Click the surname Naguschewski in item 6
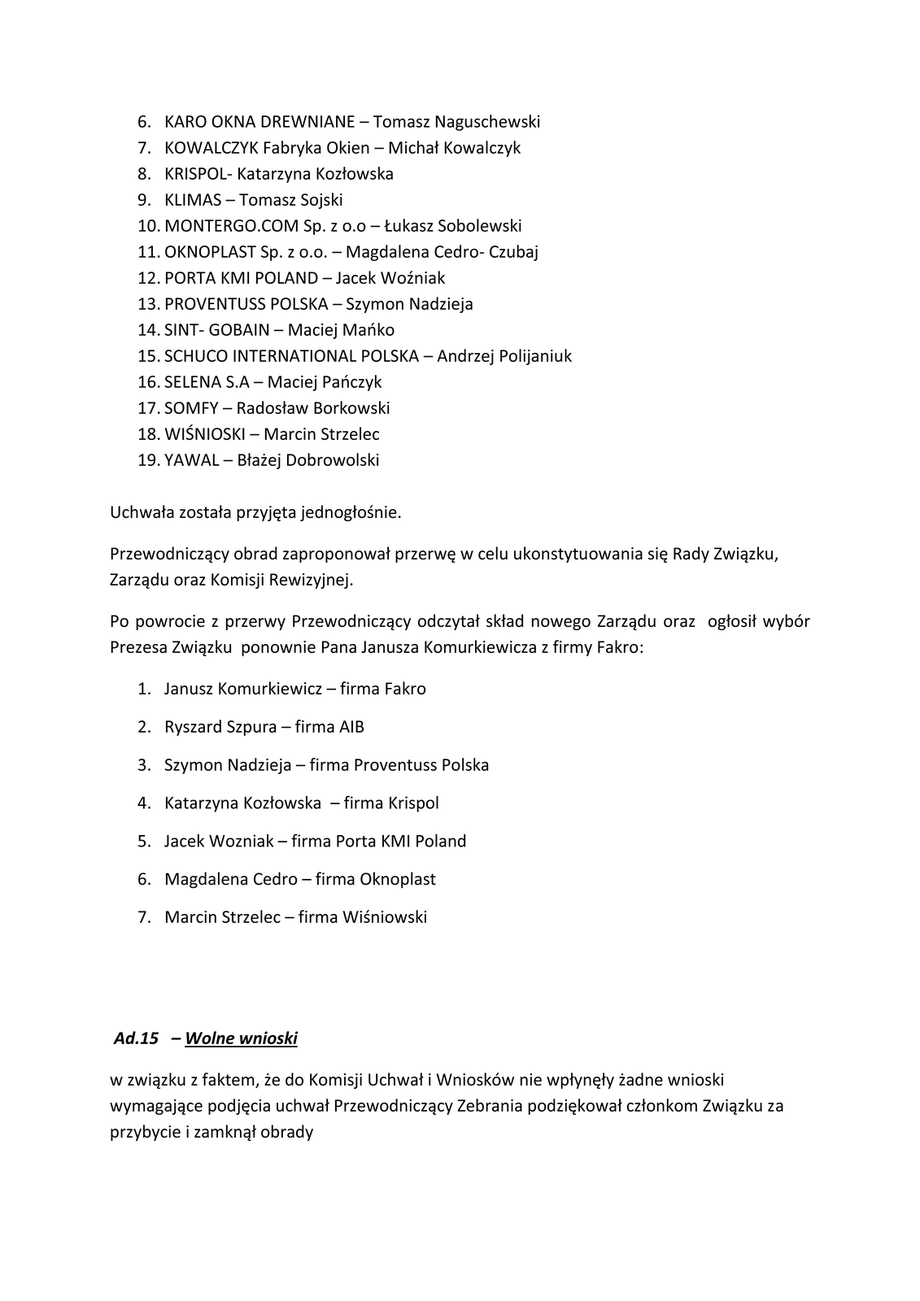tap(487, 122)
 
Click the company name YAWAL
tap(191, 460)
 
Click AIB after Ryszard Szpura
tap(351, 727)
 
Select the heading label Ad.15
tap(136, 1038)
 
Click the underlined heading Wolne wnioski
tap(241, 1038)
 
